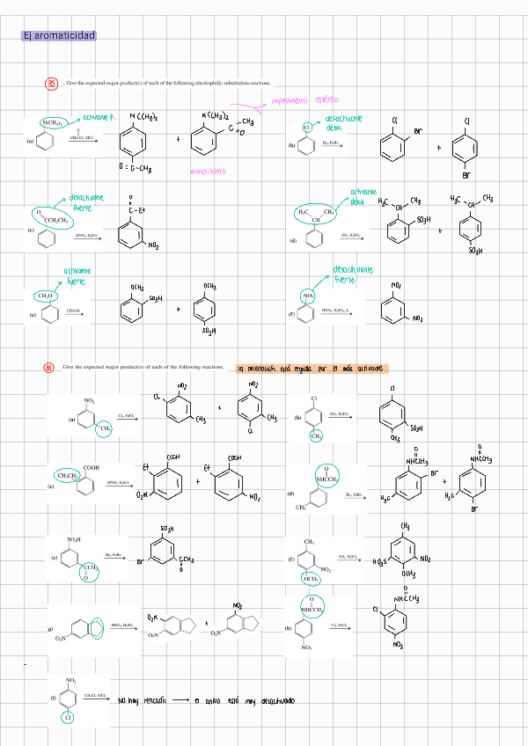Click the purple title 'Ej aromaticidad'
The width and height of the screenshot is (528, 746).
coord(59,35)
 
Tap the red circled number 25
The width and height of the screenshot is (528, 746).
coord(52,84)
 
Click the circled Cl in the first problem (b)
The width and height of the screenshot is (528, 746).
coord(308,128)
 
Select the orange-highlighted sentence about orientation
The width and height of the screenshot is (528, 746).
coord(312,369)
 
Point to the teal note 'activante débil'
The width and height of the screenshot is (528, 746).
coord(363,196)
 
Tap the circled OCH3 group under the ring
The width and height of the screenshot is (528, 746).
coord(312,579)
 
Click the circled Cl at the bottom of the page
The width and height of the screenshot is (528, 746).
coord(68,718)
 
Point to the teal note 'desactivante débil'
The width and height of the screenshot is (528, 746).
coord(343,123)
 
